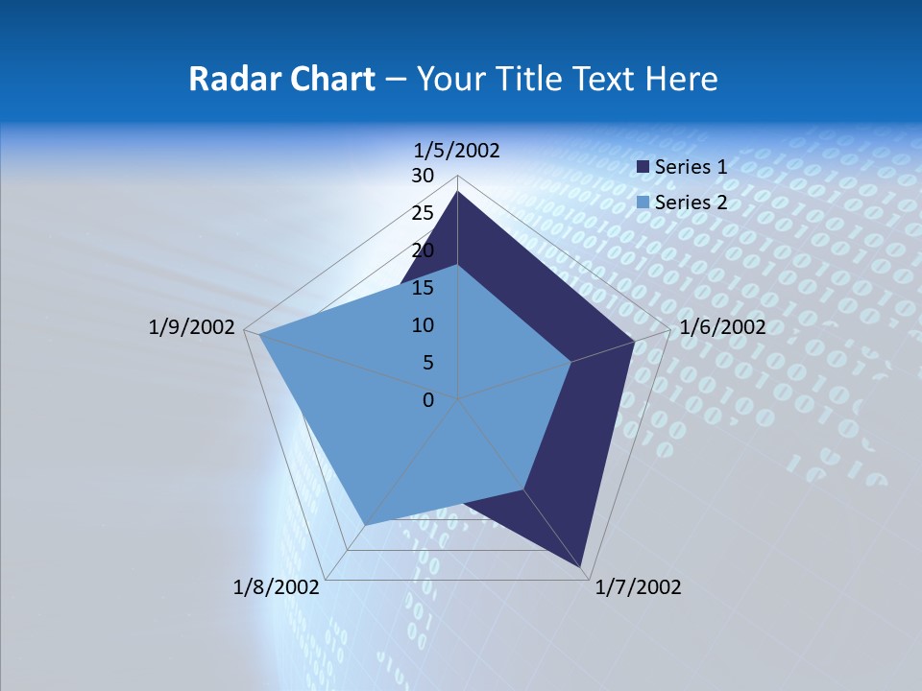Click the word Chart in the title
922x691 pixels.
(x=329, y=79)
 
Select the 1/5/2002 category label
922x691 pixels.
(x=457, y=150)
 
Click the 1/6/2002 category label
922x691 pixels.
(x=722, y=327)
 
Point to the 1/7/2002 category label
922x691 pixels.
(x=638, y=587)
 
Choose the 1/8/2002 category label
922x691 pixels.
(x=277, y=587)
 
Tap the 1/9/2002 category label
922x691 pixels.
(x=192, y=327)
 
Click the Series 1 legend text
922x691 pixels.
(x=691, y=167)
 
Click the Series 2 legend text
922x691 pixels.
(x=691, y=203)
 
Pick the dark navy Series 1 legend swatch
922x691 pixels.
(x=643, y=167)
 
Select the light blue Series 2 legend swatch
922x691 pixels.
(x=643, y=203)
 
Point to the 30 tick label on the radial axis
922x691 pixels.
(x=423, y=176)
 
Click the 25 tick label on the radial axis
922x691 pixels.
(x=423, y=213)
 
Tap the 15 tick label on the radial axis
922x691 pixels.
(x=423, y=288)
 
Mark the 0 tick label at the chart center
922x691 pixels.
(x=428, y=399)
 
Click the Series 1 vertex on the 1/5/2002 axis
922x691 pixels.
(x=458, y=191)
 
